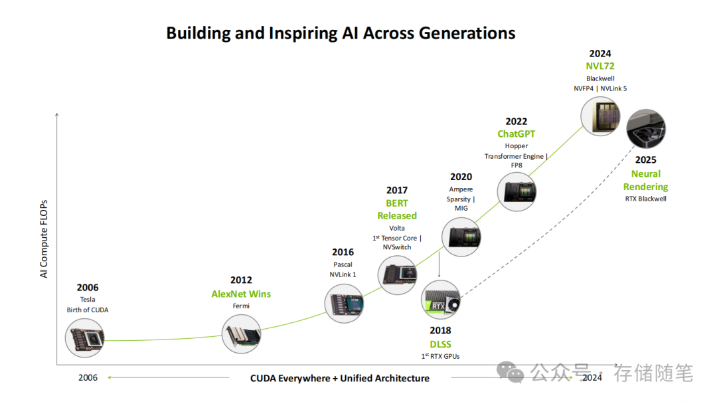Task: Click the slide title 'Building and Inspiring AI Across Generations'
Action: coord(341,33)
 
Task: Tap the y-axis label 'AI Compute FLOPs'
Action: coord(44,239)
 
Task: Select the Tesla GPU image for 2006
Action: coord(84,338)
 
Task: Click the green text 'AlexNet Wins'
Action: coord(241,294)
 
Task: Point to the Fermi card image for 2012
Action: coord(242,334)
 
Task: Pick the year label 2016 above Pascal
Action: coord(343,252)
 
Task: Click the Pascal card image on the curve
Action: coord(345,304)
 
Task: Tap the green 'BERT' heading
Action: coord(397,203)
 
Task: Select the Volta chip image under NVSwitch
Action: coord(398,274)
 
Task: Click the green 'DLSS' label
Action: coord(440,344)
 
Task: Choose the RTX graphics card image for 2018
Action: coord(441,300)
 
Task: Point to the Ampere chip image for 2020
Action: coord(461,237)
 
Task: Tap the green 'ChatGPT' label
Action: coord(517,134)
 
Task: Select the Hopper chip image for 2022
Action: coord(517,192)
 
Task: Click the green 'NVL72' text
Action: coord(600,66)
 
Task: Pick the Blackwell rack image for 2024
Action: coord(601,116)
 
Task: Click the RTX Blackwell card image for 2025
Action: coord(646,129)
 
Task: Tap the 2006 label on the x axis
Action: coord(88,377)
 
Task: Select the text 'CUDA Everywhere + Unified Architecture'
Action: coord(340,378)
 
